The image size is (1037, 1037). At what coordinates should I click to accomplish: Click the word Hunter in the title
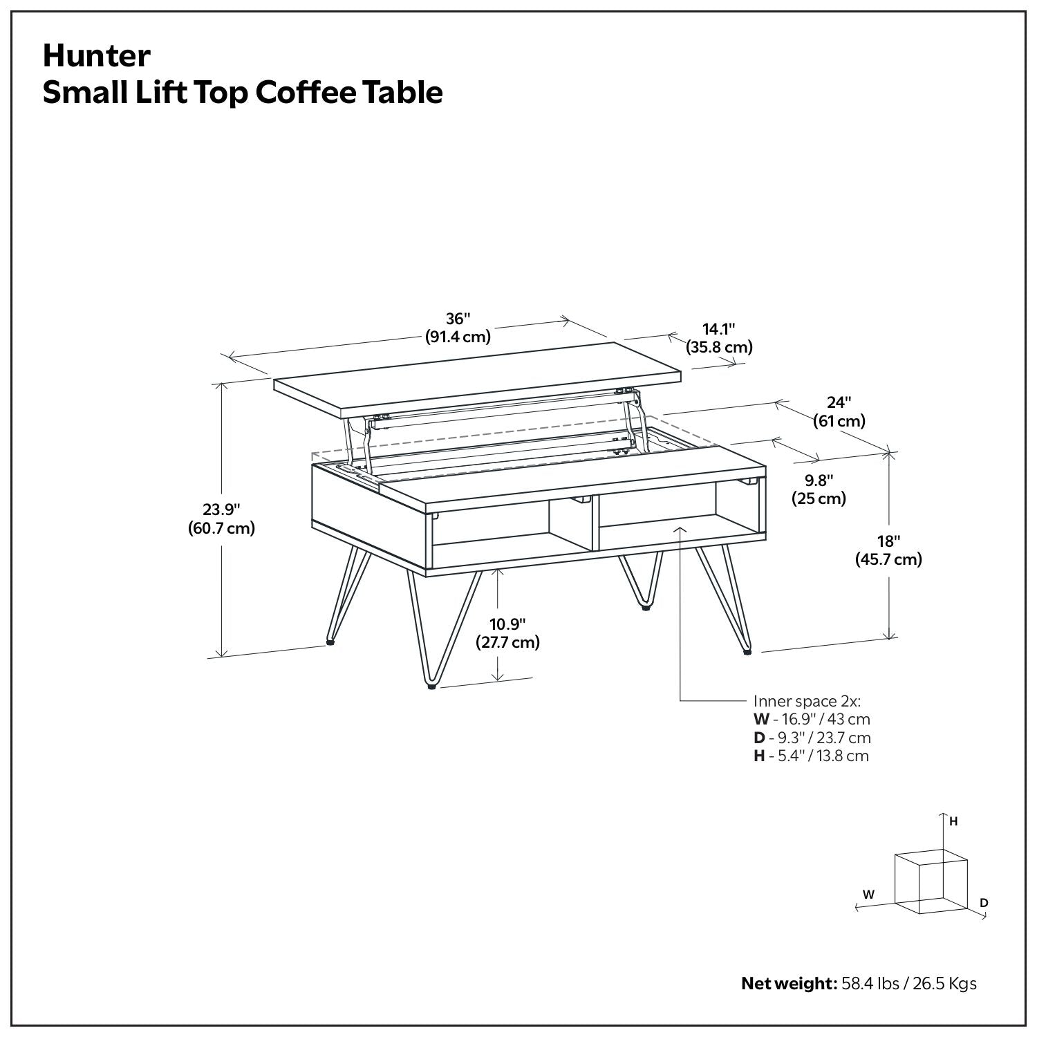click(x=96, y=56)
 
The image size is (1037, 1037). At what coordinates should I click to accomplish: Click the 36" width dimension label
click(x=457, y=328)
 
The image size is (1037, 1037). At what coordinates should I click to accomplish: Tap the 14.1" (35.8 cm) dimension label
click(x=719, y=338)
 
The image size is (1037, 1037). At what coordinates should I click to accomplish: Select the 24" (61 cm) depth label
click(x=839, y=411)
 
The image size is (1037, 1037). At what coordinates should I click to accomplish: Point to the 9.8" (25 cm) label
click(x=819, y=489)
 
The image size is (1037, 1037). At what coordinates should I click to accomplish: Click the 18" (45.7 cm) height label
click(x=888, y=550)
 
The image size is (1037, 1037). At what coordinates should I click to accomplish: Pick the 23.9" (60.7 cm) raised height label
click(x=221, y=519)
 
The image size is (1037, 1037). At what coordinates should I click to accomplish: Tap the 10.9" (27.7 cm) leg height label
click(x=507, y=633)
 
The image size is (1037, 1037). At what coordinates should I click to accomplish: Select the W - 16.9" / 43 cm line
click(x=812, y=720)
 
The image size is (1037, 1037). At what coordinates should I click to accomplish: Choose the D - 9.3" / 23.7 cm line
click(x=812, y=738)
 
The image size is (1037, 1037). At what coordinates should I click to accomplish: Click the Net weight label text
click(x=790, y=983)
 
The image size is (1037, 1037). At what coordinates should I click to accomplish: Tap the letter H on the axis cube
click(x=953, y=821)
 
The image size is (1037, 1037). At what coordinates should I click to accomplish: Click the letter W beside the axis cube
click(x=869, y=895)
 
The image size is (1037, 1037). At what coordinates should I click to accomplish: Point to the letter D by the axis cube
click(x=984, y=903)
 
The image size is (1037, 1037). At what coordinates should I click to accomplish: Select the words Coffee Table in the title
click(x=349, y=92)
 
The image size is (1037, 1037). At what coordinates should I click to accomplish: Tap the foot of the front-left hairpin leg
click(x=431, y=686)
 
